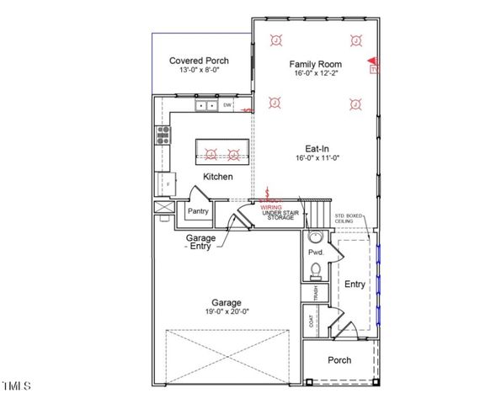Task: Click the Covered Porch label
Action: (199, 61)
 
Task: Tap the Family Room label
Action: (314, 64)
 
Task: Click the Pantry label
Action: (198, 211)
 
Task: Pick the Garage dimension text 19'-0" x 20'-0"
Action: (227, 311)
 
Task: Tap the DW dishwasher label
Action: (227, 105)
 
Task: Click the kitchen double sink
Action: (205, 106)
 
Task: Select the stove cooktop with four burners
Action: (162, 136)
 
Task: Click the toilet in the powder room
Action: (315, 270)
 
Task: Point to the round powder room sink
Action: (315, 237)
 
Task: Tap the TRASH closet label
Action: (315, 295)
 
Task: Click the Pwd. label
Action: (316, 252)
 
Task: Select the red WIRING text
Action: (270, 206)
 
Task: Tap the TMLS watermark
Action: (16, 387)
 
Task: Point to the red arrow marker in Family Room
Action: (371, 61)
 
